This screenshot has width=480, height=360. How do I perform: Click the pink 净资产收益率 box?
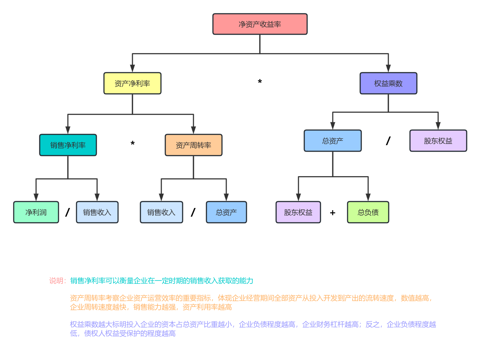click(x=260, y=24)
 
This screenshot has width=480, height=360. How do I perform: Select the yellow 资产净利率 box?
click(x=132, y=83)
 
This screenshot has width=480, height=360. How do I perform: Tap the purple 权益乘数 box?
click(x=388, y=83)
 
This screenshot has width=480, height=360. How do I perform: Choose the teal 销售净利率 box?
click(x=68, y=145)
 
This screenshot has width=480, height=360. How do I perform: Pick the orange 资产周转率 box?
click(x=193, y=145)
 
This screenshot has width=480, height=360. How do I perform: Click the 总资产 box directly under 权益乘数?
click(x=332, y=141)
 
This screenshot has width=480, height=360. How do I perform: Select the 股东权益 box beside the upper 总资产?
click(x=438, y=141)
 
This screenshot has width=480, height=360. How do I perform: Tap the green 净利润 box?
click(x=36, y=212)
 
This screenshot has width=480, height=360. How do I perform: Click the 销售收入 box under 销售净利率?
click(x=97, y=212)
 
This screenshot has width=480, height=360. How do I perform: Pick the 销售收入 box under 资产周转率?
click(x=161, y=212)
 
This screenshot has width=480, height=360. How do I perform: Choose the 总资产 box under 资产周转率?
click(x=226, y=212)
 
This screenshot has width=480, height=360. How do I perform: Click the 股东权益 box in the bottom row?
click(x=298, y=212)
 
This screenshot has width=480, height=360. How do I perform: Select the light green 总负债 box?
click(x=368, y=212)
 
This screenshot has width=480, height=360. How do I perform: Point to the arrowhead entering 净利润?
click(x=36, y=197)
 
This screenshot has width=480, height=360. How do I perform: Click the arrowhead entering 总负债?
click(x=368, y=197)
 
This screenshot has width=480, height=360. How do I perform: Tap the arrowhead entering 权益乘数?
click(x=388, y=68)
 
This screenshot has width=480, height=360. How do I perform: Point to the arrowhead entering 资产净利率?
click(x=132, y=68)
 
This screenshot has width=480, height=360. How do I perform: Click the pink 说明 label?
click(x=57, y=281)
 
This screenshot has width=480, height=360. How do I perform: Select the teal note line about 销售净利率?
click(x=162, y=281)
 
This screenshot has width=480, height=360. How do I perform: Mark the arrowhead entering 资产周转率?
click(x=193, y=130)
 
